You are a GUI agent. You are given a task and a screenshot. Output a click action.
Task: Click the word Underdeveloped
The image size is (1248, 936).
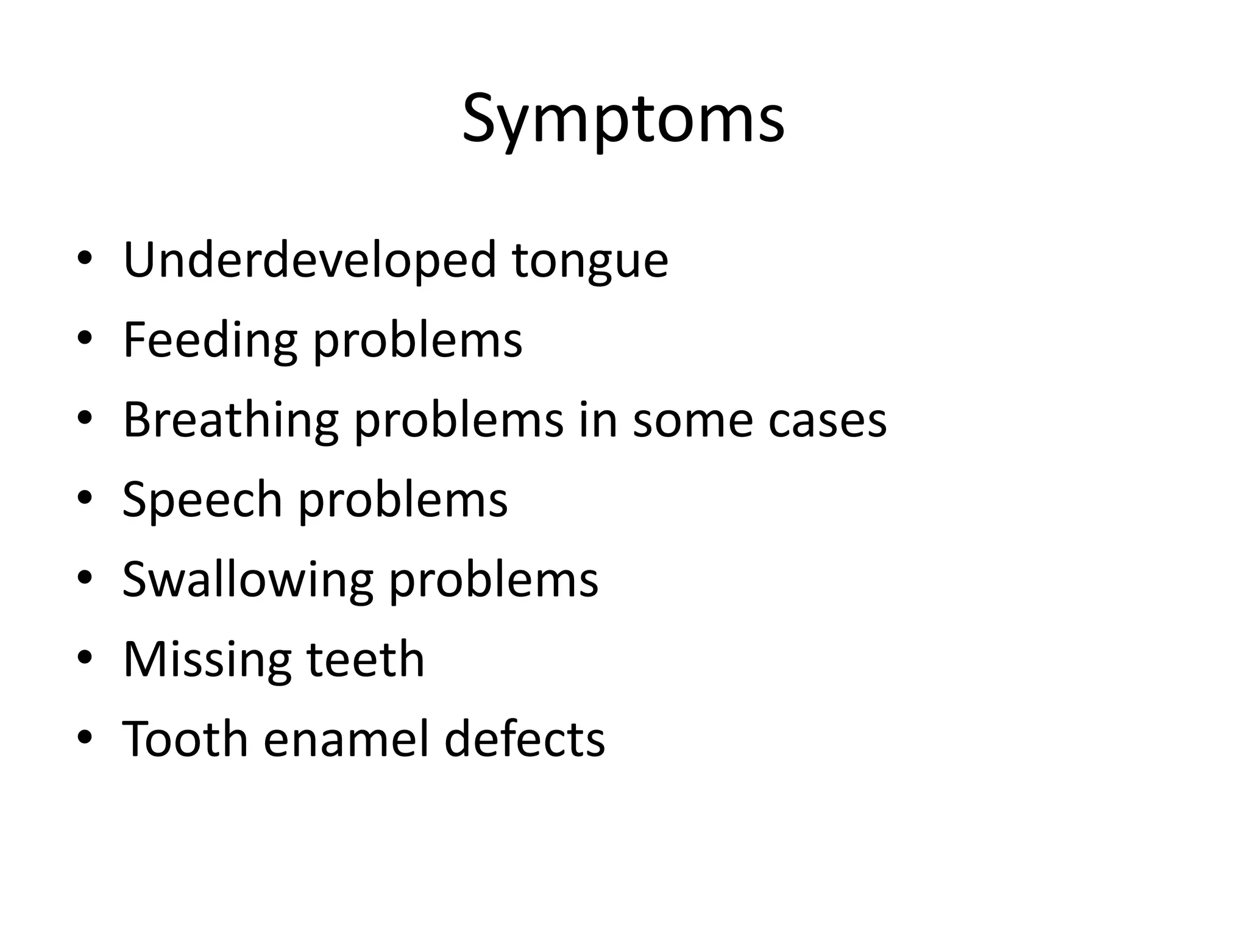click(310, 260)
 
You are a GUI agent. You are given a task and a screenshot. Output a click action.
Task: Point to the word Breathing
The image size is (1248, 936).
click(230, 420)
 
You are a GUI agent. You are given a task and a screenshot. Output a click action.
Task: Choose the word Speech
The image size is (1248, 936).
click(202, 500)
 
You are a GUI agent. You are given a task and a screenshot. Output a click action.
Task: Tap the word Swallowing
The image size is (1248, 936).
click(247, 580)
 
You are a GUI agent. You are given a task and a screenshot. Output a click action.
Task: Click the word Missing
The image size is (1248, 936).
click(207, 660)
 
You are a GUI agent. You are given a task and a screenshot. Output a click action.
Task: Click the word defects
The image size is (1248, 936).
click(524, 739)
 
